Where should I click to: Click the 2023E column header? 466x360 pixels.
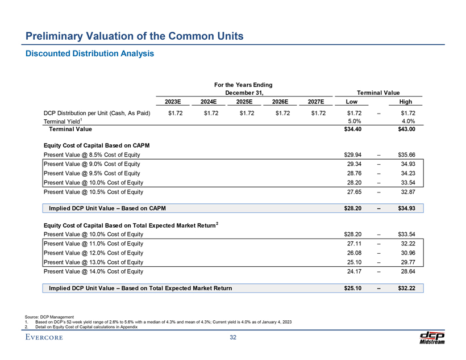[173, 102]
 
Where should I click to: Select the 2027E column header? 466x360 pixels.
[315, 102]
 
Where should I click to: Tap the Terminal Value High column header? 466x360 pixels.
[405, 102]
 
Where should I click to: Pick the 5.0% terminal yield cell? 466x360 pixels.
[354, 121]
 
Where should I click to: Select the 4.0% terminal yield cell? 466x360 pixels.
[407, 121]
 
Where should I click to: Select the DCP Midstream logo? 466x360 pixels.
[431, 337]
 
